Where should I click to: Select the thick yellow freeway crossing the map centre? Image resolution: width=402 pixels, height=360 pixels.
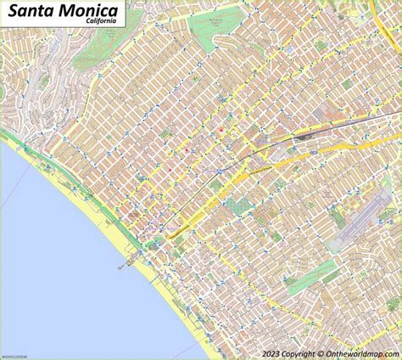tap(254, 174)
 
